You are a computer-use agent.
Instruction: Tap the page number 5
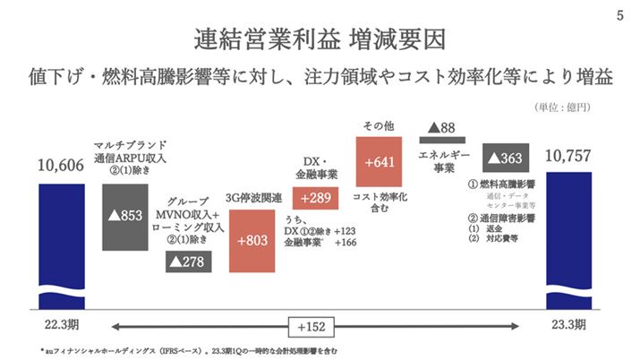click(620, 15)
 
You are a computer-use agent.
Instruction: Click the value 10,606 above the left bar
click(62, 165)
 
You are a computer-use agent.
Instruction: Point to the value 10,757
click(570, 159)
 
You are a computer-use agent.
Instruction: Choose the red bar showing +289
click(320, 197)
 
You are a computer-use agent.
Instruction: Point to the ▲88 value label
click(442, 128)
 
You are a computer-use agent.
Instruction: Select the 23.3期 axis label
click(570, 323)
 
